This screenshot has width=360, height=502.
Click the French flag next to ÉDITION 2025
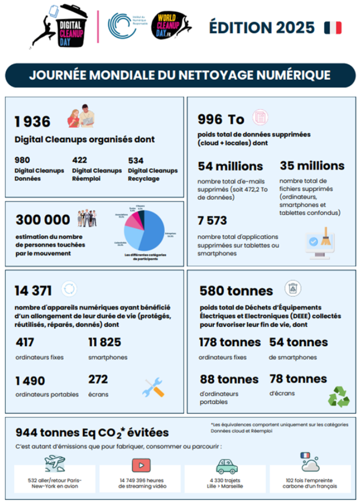(332, 27)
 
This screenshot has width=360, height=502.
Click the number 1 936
(32, 122)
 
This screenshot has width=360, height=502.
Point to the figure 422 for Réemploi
(79, 160)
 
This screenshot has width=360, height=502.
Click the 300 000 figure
(43, 220)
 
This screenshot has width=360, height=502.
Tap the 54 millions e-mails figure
(230, 166)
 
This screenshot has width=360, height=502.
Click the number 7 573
(212, 220)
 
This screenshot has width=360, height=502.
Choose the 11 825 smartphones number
(104, 342)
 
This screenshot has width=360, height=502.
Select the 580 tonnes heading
(236, 291)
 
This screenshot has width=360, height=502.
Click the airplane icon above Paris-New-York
(55, 462)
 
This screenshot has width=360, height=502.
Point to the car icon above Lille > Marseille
(227, 465)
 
